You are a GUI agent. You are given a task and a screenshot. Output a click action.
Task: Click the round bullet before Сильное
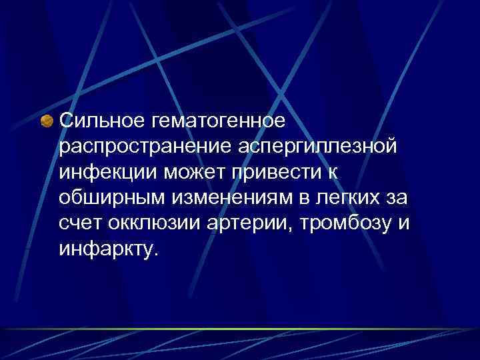pos(47,121)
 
